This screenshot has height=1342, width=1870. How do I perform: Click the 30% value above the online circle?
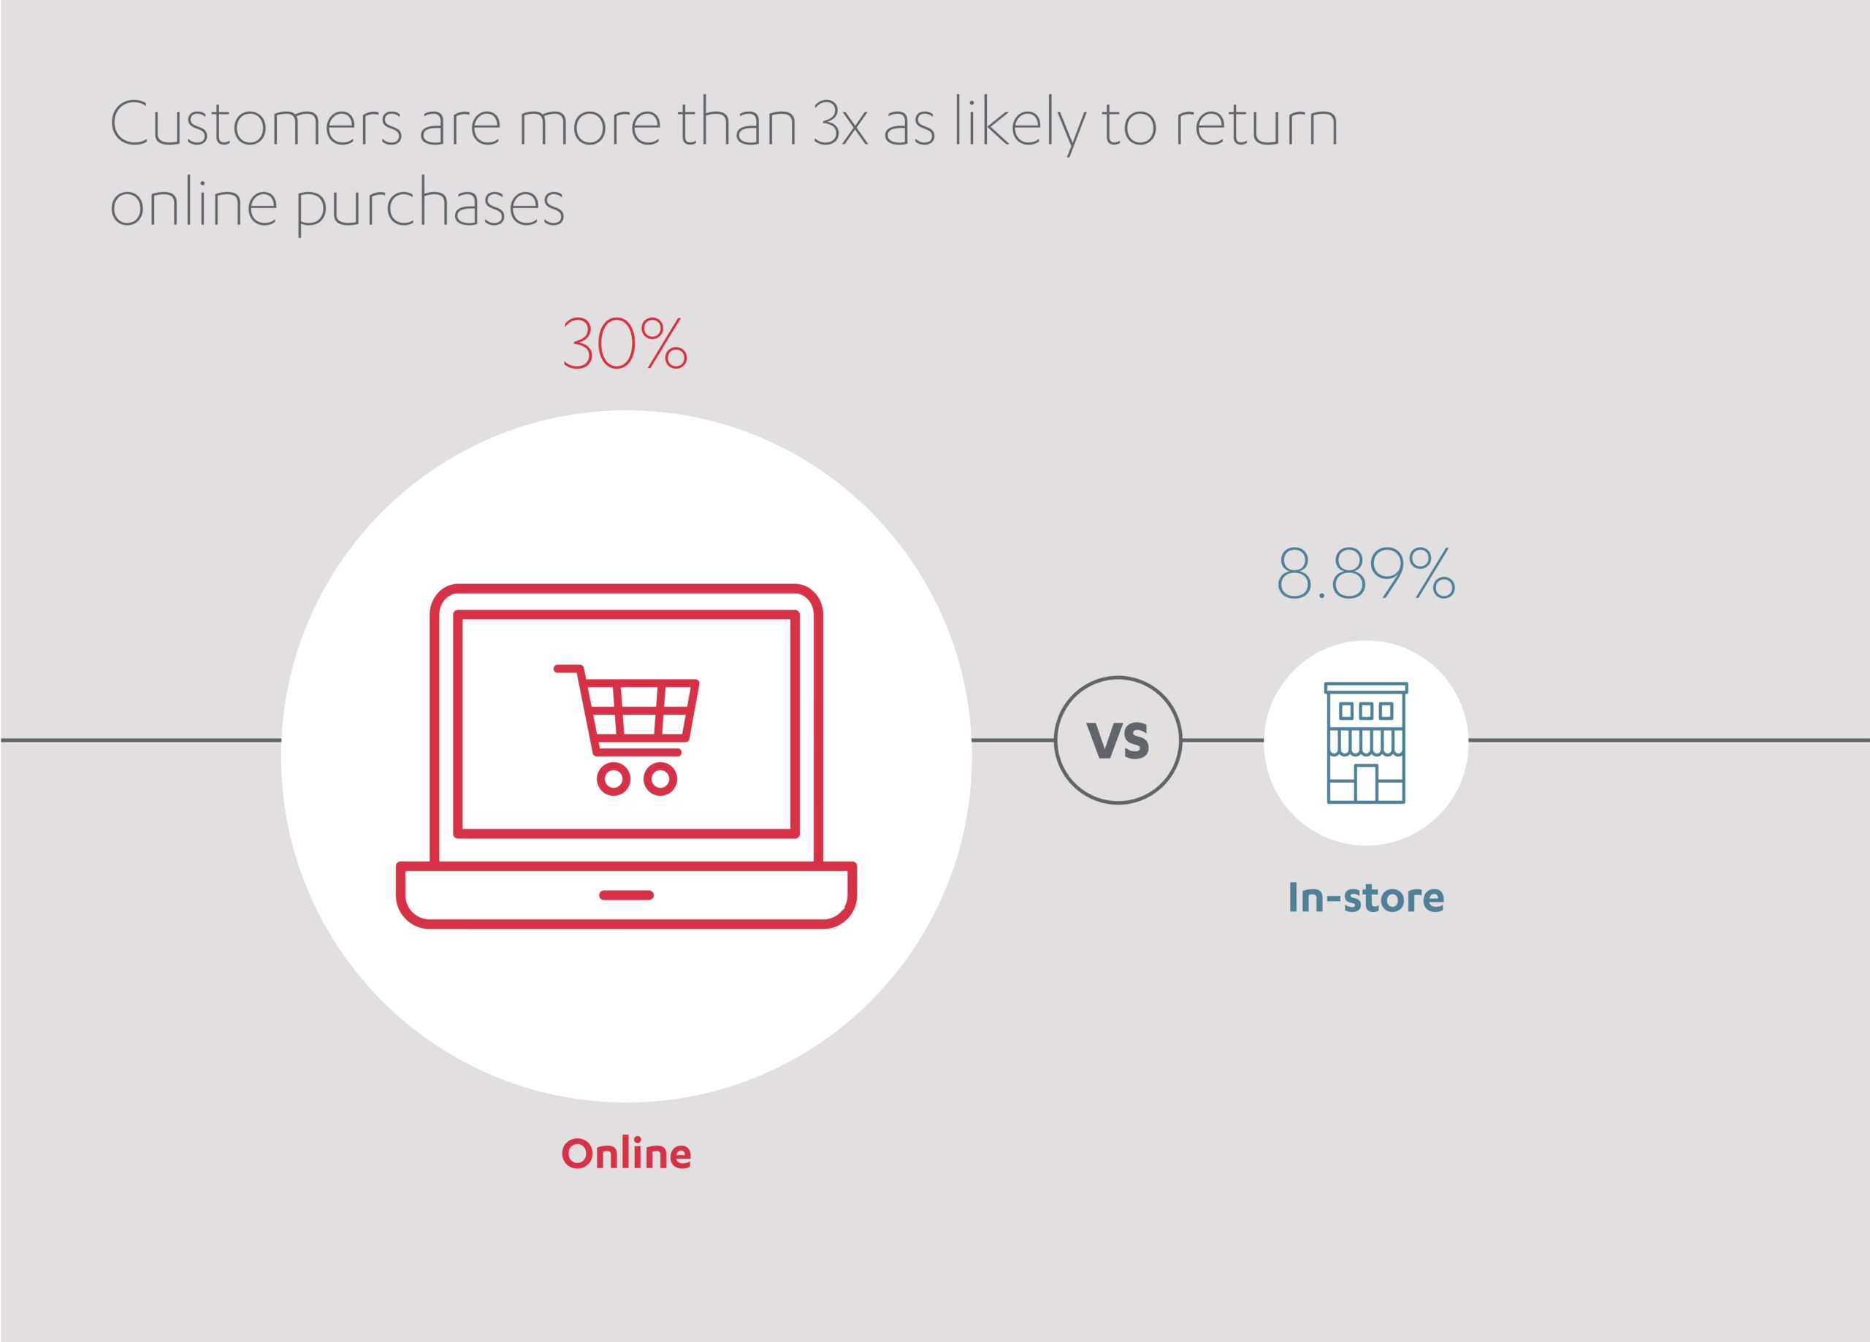click(624, 344)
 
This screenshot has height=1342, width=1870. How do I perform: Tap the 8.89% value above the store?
click(1365, 573)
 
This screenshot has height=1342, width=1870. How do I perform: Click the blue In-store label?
click(1365, 897)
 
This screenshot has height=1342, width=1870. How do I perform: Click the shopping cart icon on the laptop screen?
click(627, 729)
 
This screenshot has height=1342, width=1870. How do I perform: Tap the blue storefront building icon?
click(1365, 743)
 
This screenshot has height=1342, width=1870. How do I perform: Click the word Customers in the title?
click(256, 124)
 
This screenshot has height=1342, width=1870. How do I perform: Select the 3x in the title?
click(840, 124)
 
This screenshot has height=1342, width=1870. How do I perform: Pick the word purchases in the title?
click(430, 204)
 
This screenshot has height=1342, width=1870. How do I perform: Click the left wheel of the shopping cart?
click(614, 779)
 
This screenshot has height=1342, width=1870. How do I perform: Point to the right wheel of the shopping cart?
click(660, 779)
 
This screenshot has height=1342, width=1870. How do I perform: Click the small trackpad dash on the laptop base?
click(626, 895)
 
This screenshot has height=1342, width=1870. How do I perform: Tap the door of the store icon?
click(1365, 783)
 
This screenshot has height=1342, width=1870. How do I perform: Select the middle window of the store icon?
click(1366, 710)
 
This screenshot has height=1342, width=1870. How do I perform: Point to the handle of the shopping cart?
click(568, 669)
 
